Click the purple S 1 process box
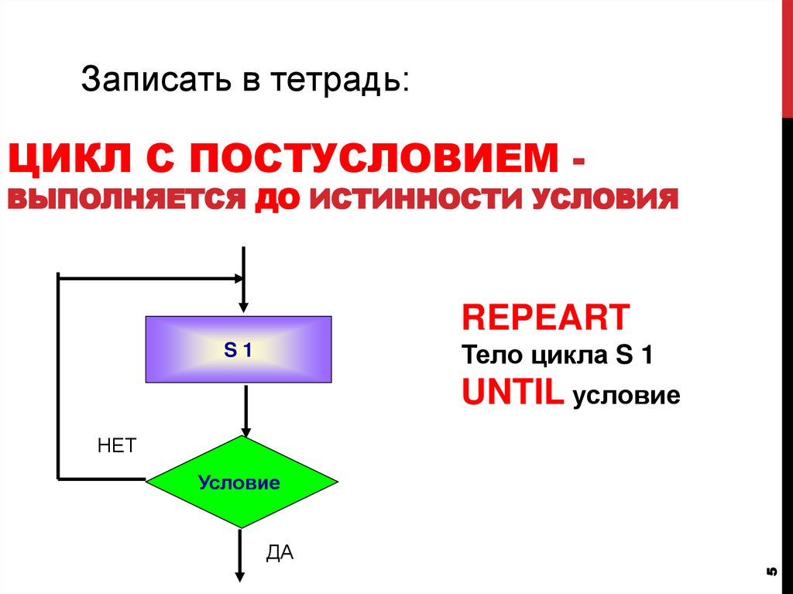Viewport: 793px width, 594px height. click(x=239, y=349)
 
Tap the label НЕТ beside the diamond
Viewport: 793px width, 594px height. click(x=117, y=446)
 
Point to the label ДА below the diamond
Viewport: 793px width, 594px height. click(x=280, y=553)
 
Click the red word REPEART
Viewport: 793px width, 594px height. click(x=545, y=318)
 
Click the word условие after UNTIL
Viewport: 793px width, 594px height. click(x=626, y=397)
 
